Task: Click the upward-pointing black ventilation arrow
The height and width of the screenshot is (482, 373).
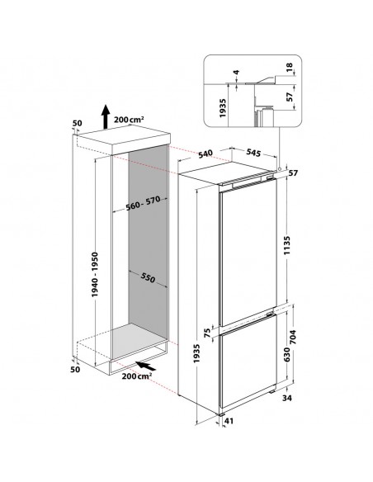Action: (x=106, y=116)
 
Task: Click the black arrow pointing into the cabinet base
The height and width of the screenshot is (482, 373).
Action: (x=145, y=366)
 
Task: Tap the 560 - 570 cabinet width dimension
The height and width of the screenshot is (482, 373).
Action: (x=143, y=203)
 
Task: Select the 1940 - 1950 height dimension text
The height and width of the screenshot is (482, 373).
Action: (x=95, y=274)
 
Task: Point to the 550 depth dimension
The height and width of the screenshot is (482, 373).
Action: (x=148, y=277)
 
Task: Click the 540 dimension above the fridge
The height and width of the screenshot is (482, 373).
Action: (x=205, y=154)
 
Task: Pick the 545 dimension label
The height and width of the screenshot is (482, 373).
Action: (x=253, y=152)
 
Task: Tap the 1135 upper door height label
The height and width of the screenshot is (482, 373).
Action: (x=286, y=245)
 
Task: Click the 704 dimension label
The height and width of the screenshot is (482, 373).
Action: (x=293, y=337)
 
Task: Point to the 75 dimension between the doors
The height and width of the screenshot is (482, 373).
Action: (x=207, y=333)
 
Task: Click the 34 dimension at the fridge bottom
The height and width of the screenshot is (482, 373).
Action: (x=286, y=398)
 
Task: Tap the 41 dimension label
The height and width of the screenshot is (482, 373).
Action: (x=229, y=421)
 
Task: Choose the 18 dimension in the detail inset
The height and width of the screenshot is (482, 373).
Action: (x=290, y=67)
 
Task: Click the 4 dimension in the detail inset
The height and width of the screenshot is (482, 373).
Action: (x=236, y=73)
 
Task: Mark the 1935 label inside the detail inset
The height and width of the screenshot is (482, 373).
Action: (x=223, y=107)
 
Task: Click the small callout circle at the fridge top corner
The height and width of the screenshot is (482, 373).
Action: (x=280, y=169)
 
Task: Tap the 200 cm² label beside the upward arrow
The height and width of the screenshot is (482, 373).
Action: (x=129, y=120)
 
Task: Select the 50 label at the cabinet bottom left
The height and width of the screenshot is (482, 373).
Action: (x=75, y=369)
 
